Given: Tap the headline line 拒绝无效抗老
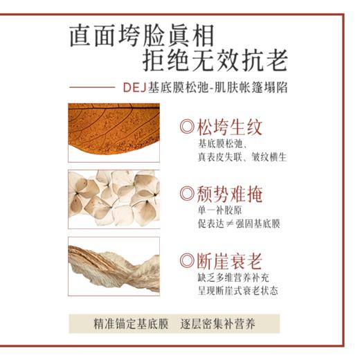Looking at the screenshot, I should click(214, 62).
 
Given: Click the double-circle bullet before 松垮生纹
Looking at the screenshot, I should click(186, 128).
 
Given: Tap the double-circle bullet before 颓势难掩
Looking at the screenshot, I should click(186, 194).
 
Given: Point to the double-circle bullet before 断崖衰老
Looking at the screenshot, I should click(186, 261).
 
